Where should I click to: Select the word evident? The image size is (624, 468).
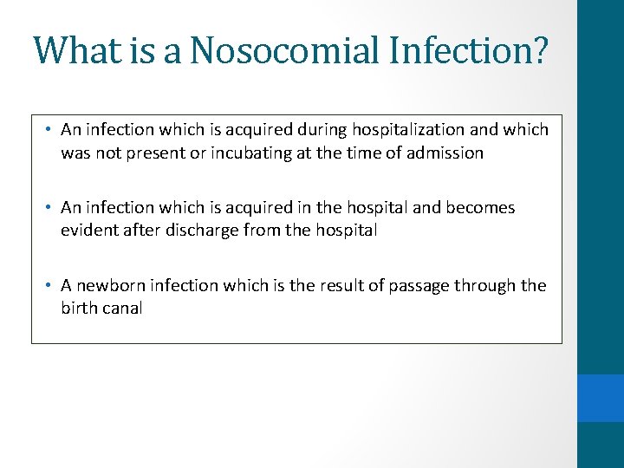click(x=88, y=231)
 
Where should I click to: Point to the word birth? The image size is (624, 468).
click(x=78, y=309)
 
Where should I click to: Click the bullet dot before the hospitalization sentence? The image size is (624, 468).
click(x=50, y=130)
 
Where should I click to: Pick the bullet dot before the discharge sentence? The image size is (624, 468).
click(x=50, y=208)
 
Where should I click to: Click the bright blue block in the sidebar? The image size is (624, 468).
click(x=601, y=398)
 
